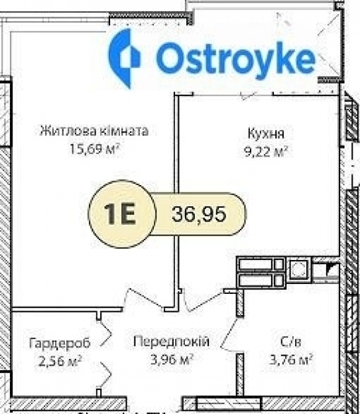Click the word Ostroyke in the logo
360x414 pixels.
(235, 60)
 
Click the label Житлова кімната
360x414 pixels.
(93, 131)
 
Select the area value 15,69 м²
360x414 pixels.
(93, 149)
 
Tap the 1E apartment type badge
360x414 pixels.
(120, 214)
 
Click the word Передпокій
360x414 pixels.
(171, 342)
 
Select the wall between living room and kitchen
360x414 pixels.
(177, 199)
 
